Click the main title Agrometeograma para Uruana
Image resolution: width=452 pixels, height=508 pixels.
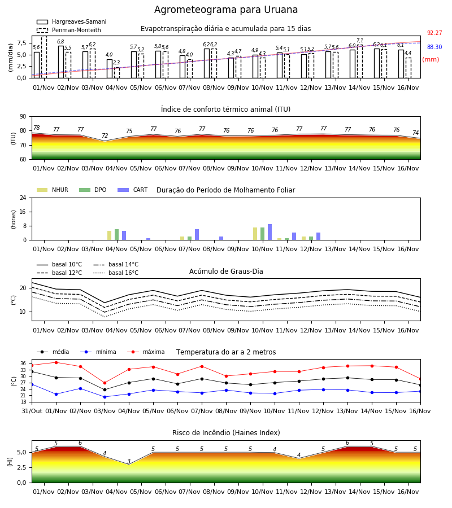point(225,10)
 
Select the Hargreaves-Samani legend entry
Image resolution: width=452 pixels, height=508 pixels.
point(71,21)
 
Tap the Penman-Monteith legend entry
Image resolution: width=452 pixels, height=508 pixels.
point(69,30)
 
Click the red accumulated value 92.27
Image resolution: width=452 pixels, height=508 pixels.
point(434,33)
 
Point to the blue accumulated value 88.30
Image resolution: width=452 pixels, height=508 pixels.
point(434,47)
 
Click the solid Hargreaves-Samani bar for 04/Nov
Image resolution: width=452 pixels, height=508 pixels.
point(110,69)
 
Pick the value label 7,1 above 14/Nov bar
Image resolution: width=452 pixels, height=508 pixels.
point(360,41)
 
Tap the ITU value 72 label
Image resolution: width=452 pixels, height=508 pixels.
point(105,135)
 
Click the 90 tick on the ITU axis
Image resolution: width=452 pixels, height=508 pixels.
point(23,117)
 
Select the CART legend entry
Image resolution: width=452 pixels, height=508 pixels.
point(133,190)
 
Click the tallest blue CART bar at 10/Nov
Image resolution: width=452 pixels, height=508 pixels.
point(270,232)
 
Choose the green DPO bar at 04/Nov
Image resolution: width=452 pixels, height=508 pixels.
point(117,235)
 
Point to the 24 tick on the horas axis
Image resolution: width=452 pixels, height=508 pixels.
point(23,198)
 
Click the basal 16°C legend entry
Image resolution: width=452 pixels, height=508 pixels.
point(116,273)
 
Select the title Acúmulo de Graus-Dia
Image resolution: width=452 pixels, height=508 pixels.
point(226,271)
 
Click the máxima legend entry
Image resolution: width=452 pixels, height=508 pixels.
point(146,352)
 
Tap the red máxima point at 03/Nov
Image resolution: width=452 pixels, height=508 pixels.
point(105,383)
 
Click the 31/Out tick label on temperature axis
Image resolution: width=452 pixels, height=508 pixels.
point(32,411)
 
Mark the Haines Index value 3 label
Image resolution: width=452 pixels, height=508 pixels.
point(129,461)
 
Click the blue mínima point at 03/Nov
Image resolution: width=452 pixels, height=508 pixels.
point(105,397)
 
